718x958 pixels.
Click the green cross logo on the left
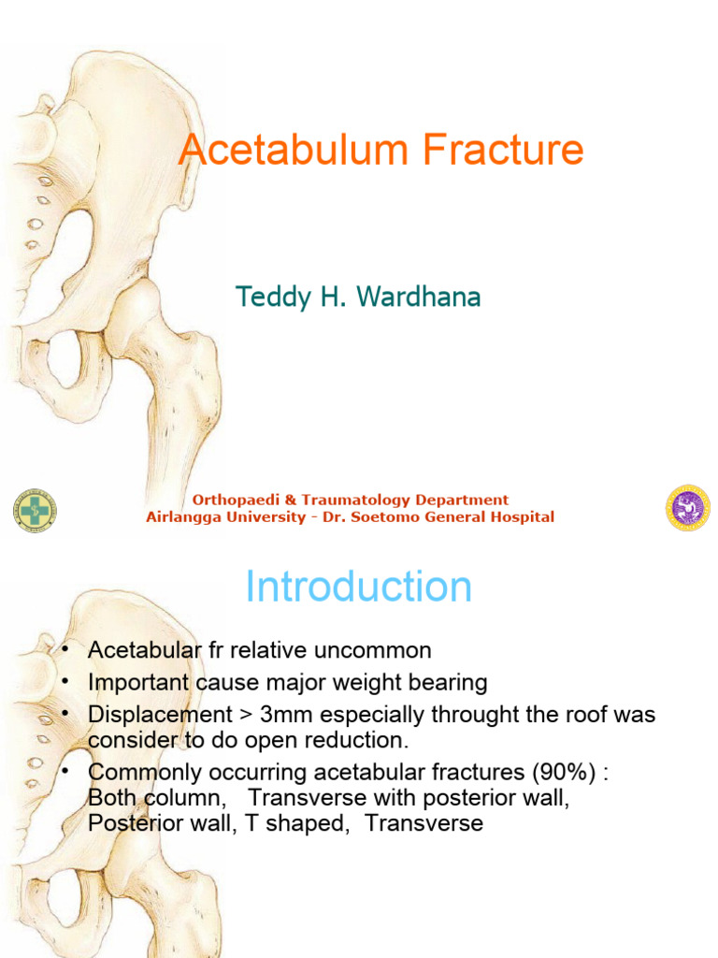coord(34,510)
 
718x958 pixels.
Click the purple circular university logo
coord(687,508)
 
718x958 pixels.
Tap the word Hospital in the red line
coord(519,517)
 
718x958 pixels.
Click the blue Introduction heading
coord(358,587)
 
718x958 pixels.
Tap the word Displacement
coord(160,714)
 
